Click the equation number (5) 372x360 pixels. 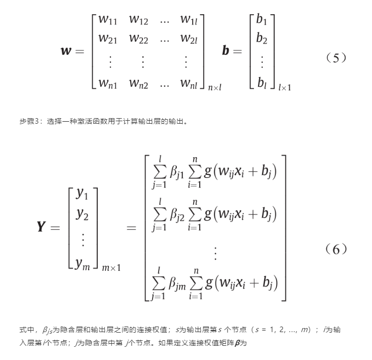[x=336, y=58]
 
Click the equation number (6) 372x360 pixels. [x=336, y=249]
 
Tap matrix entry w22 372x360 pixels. [x=138, y=39]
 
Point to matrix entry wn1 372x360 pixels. [x=107, y=83]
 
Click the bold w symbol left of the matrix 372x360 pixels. [x=66, y=51]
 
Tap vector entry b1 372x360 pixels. [x=262, y=21]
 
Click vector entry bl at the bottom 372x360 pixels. [x=262, y=82]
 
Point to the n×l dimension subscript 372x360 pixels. [x=215, y=88]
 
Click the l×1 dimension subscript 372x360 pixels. [x=284, y=88]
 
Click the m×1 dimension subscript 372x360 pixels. [x=111, y=267]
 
